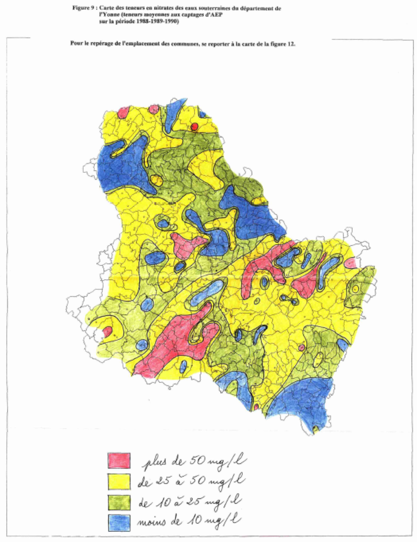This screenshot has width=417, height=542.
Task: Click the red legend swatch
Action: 119,460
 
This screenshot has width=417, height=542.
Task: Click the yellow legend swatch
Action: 119,482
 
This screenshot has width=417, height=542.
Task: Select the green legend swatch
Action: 119,502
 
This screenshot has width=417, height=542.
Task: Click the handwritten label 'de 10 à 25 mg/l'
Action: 189,502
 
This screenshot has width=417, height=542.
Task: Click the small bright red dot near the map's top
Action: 194,127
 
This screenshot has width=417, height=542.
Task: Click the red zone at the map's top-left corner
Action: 123,113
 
